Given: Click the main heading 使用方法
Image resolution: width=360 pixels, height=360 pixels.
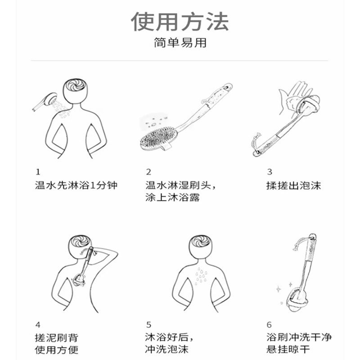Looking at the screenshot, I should point(180,22).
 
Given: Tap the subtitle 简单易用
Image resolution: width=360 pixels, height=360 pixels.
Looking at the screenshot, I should point(180,43).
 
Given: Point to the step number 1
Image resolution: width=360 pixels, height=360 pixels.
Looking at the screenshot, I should point(38,171).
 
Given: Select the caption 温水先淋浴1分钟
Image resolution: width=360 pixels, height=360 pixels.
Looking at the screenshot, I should point(76,185).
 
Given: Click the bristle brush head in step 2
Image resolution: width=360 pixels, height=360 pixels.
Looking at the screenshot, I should point(157,138).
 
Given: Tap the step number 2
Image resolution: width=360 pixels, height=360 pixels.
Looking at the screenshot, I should point(148,171).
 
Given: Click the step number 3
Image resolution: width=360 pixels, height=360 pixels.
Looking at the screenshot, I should point(270,171).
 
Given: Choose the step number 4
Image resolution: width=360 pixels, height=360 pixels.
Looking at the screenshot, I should point(38,324).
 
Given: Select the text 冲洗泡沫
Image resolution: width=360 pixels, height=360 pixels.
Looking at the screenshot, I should point(167,350).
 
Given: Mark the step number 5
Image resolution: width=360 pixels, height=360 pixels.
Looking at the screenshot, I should point(148,324).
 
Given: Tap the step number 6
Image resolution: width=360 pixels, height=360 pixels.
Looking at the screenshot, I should point(270,324).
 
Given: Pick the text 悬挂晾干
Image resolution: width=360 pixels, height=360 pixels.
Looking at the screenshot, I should point(288,350).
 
